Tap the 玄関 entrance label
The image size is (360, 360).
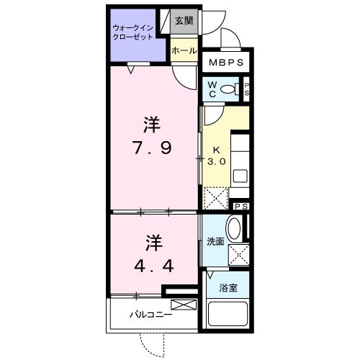coord(184,22)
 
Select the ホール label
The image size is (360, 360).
coord(184,50)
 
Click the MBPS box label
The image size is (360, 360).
coord(227,63)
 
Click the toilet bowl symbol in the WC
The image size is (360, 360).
coord(229,89)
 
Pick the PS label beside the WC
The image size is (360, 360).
coord(247,89)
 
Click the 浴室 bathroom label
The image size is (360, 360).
coord(228,287)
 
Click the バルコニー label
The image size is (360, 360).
coord(150,315)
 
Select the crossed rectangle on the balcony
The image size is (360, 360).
coord(183,305)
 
